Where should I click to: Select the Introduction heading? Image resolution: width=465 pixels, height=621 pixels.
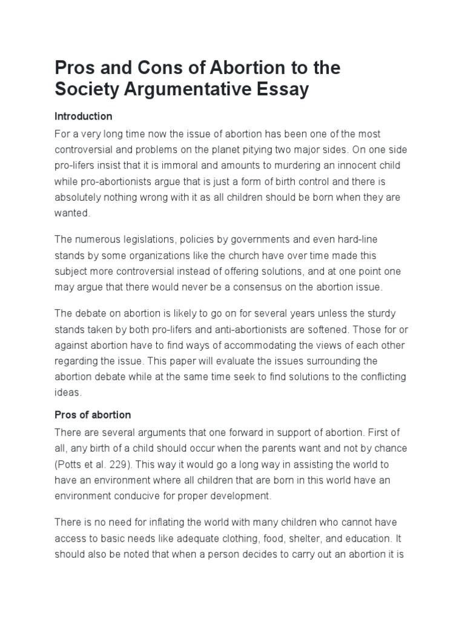pos(84,116)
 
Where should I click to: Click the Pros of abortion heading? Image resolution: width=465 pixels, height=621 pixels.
pos(93,415)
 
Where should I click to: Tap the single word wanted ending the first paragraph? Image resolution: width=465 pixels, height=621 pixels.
pos(72,213)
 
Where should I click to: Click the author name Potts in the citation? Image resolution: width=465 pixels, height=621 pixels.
pos(70,463)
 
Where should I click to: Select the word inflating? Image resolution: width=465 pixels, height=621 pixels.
pos(158,522)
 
